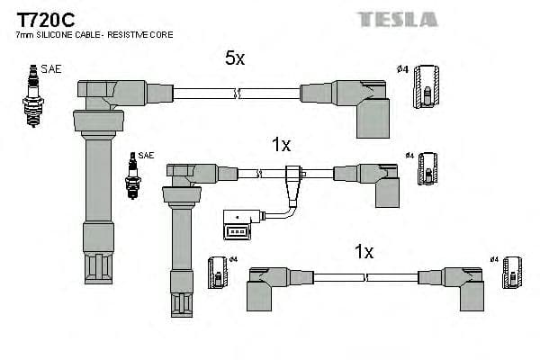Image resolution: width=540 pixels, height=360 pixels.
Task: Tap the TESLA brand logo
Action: coord(397,19)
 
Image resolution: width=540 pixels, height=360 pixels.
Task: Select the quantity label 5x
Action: coord(234,58)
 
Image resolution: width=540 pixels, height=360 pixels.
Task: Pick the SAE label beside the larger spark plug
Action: coord(51,68)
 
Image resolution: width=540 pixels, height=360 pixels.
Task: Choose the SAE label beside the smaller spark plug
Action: coord(147,155)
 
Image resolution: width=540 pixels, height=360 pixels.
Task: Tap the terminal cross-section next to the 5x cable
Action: coord(427,88)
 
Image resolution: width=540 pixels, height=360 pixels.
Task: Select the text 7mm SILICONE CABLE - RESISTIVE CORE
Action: coord(94,34)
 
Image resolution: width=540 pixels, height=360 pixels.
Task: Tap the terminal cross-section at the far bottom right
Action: coord(511,274)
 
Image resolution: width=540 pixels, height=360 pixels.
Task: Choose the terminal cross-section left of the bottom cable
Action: coord(218,274)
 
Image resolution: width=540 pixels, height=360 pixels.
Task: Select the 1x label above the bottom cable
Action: coord(363,253)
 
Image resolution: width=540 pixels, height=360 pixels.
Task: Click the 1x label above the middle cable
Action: coord(281,144)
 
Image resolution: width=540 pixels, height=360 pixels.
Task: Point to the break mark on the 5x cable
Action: coord(236,92)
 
